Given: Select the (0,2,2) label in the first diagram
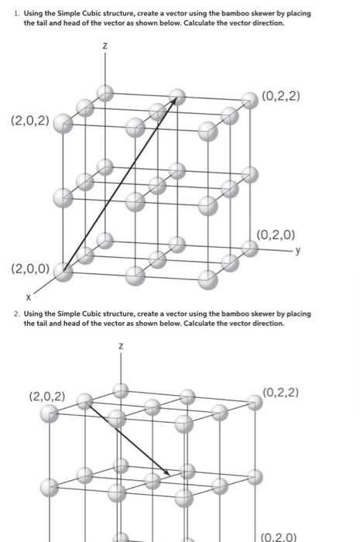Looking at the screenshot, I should (x=283, y=96).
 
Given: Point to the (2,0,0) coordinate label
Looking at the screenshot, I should (x=29, y=269).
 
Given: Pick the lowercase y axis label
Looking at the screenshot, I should (x=297, y=249).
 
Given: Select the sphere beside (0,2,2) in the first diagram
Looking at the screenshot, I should (x=249, y=99).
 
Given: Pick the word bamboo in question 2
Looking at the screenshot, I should (x=208, y=314).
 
